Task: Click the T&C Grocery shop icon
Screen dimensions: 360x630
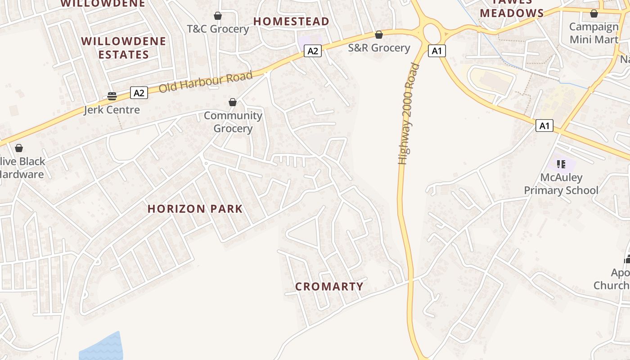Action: point(218,16)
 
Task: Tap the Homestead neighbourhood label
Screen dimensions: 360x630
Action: point(291,21)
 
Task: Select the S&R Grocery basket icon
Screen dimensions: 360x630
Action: point(379,35)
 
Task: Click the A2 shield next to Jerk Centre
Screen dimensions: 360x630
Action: point(139,93)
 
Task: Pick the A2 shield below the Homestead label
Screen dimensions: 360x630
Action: point(313,51)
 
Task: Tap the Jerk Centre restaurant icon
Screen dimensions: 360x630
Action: point(112,96)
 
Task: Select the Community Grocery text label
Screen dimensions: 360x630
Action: point(233,122)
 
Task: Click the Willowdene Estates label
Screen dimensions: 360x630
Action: point(124,48)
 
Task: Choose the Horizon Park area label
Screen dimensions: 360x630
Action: point(195,209)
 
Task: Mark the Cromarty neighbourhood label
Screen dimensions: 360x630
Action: point(329,286)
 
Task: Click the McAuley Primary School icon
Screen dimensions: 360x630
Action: point(561,164)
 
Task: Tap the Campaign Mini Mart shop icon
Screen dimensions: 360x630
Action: point(594,13)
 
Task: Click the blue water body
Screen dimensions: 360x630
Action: point(103,347)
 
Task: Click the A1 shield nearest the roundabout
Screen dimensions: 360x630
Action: point(436,51)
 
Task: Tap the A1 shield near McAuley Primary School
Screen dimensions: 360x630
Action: point(544,126)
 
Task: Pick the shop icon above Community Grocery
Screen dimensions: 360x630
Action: point(233,102)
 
